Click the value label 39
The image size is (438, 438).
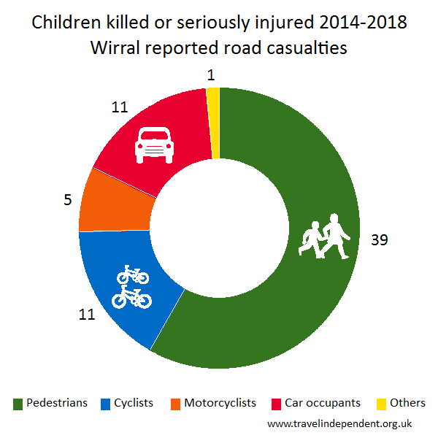(x=380, y=239)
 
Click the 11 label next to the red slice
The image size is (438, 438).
(x=120, y=107)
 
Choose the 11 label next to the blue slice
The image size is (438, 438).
(x=88, y=315)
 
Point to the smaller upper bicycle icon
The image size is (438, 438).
(x=132, y=274)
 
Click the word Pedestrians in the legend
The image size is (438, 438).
(x=57, y=402)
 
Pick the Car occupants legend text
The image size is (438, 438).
(x=323, y=402)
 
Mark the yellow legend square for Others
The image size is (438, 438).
(x=381, y=403)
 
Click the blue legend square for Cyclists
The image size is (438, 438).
(x=106, y=403)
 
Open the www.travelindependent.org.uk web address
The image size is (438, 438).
(x=340, y=423)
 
